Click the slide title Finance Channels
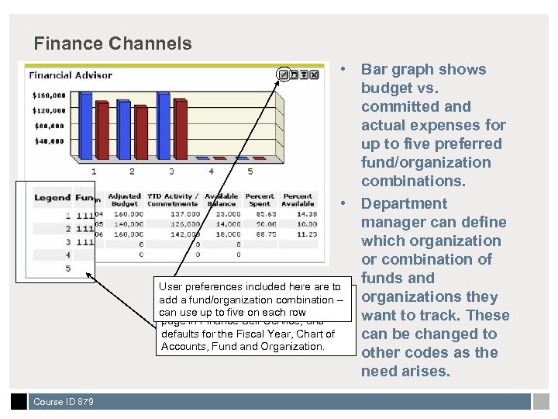click(113, 43)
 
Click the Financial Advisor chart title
click(71, 75)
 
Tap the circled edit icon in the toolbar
click(284, 74)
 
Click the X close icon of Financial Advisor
click(315, 74)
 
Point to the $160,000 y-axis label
click(48, 95)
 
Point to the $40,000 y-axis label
click(48, 140)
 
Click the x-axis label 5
click(250, 171)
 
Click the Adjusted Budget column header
click(124, 199)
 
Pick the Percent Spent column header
click(260, 199)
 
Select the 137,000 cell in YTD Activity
click(184, 214)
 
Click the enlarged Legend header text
click(52, 197)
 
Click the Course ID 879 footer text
click(64, 402)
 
